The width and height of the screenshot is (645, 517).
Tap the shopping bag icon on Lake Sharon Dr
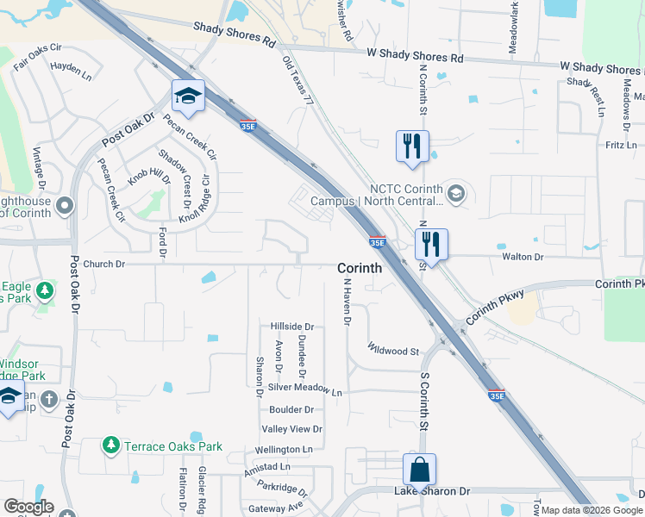click(419, 470)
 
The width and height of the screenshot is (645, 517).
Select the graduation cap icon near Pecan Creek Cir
click(187, 97)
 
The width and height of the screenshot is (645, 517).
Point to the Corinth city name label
click(359, 268)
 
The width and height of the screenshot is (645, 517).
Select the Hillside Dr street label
click(291, 327)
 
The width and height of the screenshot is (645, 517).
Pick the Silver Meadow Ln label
click(304, 391)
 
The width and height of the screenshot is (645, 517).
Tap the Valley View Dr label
click(291, 429)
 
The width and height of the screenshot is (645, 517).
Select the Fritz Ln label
click(621, 146)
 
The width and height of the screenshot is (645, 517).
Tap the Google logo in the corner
click(28, 507)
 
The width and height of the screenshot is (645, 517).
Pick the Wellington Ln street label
click(284, 450)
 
